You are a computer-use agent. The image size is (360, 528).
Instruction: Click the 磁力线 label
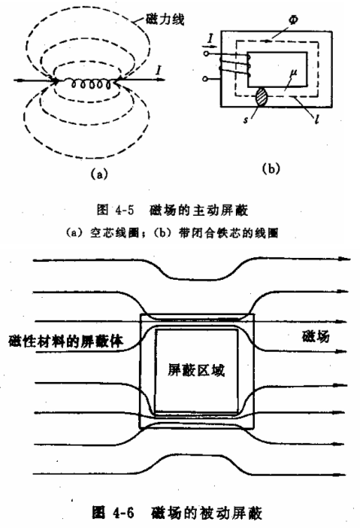[165, 19]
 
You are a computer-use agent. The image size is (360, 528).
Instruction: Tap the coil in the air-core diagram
[91, 83]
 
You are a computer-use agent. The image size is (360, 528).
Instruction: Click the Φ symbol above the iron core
[292, 19]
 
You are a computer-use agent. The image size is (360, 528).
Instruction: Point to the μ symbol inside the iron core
[293, 73]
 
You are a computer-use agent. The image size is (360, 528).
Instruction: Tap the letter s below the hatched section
[247, 119]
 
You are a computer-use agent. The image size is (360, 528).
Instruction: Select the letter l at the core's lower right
[316, 119]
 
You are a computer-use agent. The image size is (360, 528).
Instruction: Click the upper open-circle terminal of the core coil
[206, 53]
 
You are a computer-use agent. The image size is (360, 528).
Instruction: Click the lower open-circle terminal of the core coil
[206, 79]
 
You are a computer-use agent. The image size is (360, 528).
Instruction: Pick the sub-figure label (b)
[271, 168]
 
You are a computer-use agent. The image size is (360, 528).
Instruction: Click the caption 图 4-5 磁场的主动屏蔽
[172, 210]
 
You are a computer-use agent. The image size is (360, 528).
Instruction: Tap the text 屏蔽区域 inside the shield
[196, 370]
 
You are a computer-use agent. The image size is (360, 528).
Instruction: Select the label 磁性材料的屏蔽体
[66, 341]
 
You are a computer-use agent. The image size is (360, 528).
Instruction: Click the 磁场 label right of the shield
[316, 336]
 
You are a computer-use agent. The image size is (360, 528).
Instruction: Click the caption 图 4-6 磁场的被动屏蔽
[177, 513]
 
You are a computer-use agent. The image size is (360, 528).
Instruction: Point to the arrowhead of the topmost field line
[344, 259]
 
